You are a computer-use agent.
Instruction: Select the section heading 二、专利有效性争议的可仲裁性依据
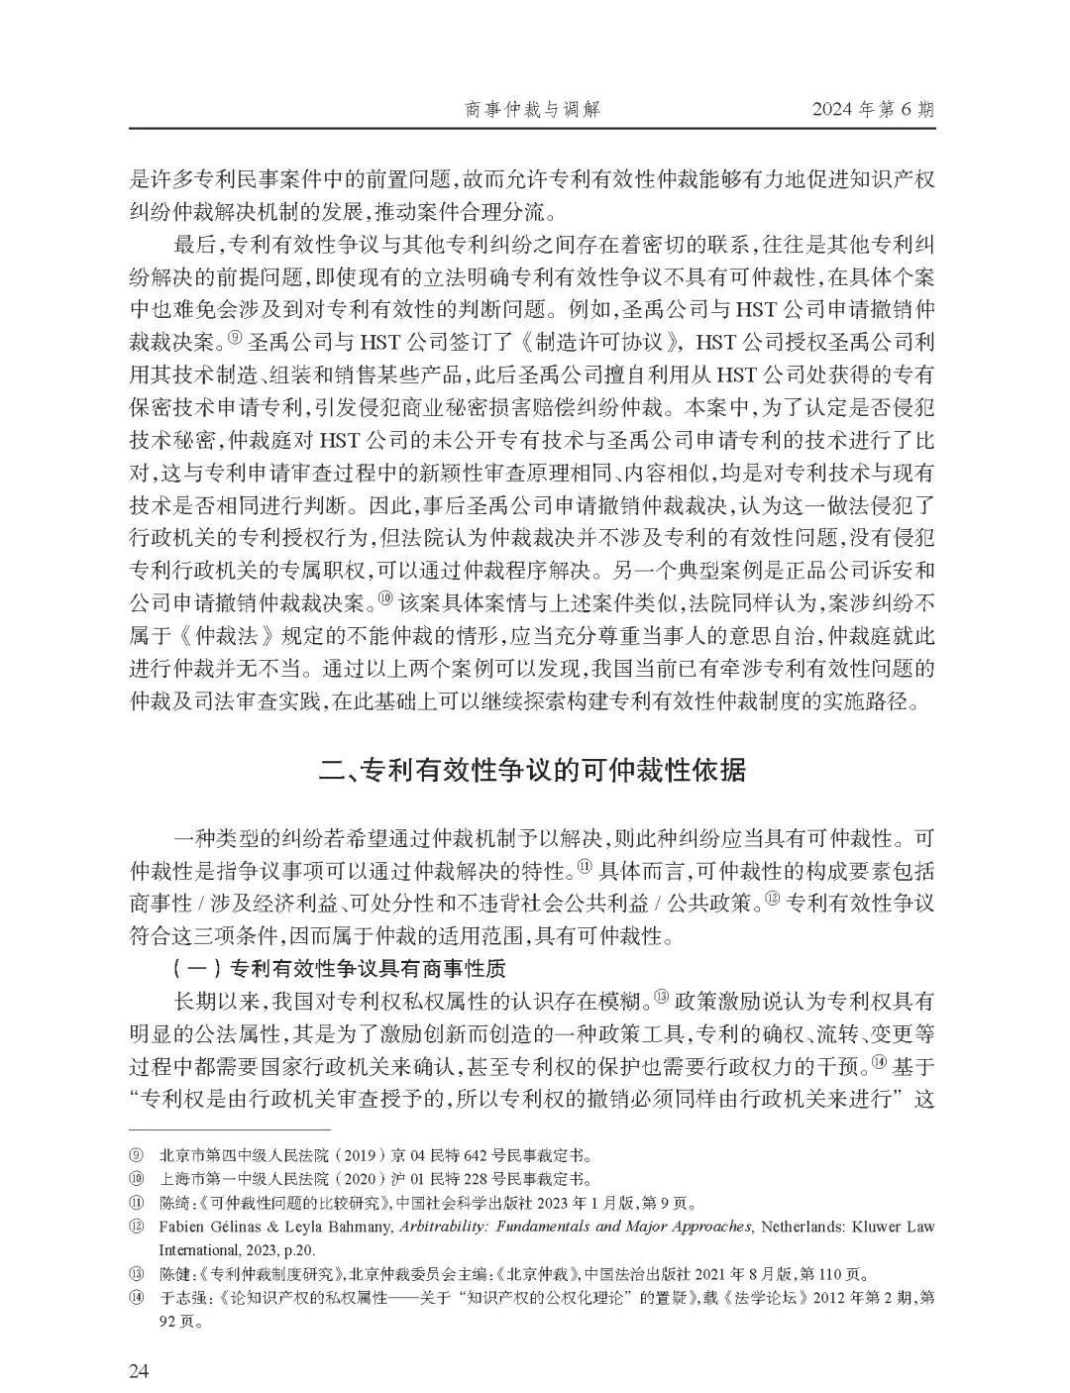coord(534,770)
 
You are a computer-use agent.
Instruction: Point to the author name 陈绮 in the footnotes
coord(173,1203)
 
